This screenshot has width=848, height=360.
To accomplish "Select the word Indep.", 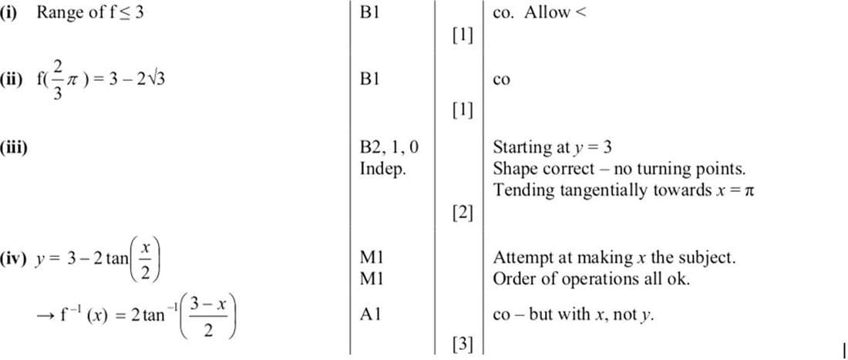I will coord(383,168).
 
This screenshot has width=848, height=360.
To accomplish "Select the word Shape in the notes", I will coord(512,168).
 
